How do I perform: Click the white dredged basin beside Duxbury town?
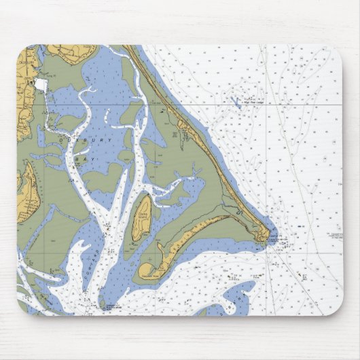coord(42,84)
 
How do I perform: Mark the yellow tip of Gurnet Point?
coord(265,236)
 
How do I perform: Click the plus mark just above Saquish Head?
coord(145,257)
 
